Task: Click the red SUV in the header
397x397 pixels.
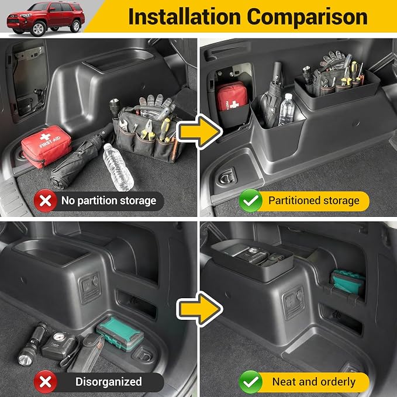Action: coord(46,18)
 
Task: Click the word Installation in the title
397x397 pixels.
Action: coord(185,17)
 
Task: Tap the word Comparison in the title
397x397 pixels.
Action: coord(308,17)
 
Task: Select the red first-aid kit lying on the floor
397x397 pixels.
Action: coord(46,146)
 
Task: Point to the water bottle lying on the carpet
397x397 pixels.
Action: coord(118,167)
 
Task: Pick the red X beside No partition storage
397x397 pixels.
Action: coord(46,201)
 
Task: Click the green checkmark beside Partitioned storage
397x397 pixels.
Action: coord(251,201)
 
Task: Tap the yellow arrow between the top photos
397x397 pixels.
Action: coord(199,131)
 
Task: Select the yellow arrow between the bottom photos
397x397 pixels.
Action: coord(199,309)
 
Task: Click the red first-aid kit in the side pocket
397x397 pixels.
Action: coord(231,96)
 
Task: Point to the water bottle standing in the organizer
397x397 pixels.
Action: coord(286,110)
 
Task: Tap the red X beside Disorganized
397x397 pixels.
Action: coord(46,382)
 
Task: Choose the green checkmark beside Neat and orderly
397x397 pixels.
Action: coord(251,382)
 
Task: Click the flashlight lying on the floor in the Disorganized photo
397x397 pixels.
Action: coord(32,344)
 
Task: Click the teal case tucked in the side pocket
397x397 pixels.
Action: coord(348,282)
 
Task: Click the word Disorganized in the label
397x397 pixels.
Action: coord(109,382)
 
